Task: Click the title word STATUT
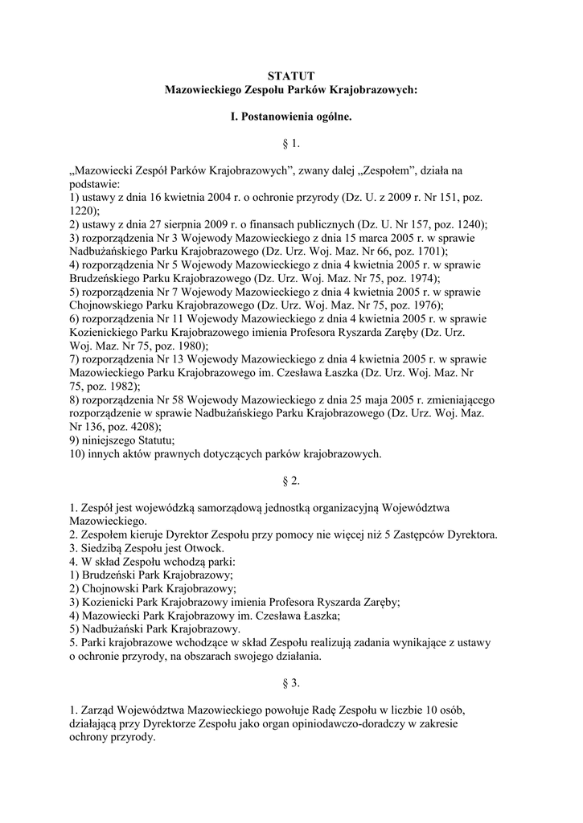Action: coord(291,76)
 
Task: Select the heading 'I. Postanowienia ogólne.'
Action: coord(291,117)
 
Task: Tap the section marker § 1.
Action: coord(291,144)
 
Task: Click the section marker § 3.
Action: coord(291,683)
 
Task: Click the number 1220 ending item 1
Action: coord(84,211)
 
